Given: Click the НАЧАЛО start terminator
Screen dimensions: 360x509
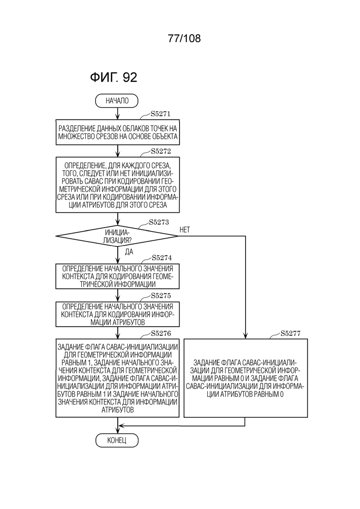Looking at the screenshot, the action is pos(116,101).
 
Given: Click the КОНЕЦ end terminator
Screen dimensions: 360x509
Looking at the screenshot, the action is pos(117,441).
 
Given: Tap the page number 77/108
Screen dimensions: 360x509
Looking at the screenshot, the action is pos(184,38).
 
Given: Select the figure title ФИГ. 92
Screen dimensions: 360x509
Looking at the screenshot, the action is pos(114,77).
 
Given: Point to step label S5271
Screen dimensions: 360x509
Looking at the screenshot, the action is pos(160,114).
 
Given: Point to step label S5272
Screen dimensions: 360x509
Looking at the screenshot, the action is pos(161,151).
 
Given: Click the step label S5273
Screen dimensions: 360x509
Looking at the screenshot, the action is pos(159,222).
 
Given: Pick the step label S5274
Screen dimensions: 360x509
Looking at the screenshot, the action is pos(162,258).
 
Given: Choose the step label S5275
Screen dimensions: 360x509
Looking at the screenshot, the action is pos(161,296).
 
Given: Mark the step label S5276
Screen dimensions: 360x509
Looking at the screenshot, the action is pos(161,333).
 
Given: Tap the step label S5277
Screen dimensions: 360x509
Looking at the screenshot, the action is pos(290,333).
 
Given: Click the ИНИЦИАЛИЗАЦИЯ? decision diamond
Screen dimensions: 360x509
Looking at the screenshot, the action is pos(117,236).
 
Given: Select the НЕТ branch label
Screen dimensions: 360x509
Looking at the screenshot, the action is pos(185,230).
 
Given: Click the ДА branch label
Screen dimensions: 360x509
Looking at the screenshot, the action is pos(129,252).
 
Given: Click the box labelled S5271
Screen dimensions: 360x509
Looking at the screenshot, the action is pos(118,132).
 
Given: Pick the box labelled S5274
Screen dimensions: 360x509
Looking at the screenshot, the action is pos(118,276).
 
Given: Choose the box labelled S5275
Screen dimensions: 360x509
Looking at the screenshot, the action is pos(118,314).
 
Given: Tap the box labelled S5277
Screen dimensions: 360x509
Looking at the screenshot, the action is pos(246,378).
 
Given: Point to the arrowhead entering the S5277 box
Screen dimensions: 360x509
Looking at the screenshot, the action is pos(246,336).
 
